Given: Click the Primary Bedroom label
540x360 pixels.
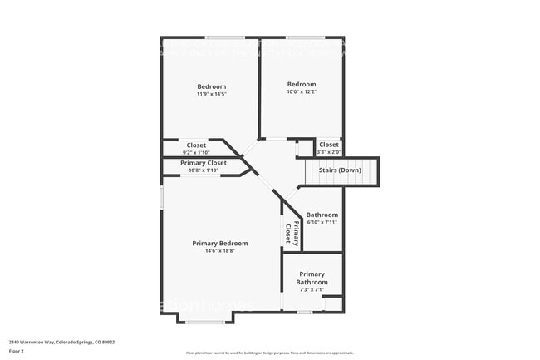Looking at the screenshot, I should point(220,243).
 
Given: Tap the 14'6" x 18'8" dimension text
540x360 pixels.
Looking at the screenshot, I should point(220,251).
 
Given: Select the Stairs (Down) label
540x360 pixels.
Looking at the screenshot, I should point(340,170).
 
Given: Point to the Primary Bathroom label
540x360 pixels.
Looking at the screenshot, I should point(312,278).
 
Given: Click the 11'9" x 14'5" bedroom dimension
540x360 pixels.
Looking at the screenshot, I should point(211,94).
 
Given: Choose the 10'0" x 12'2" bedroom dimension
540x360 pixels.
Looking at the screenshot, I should point(302,91).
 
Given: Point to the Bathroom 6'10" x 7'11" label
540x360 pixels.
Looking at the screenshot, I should point(322,218).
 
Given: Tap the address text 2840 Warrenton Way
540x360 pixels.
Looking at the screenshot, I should point(61,342).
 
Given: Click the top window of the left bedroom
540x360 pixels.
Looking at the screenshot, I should point(224,37).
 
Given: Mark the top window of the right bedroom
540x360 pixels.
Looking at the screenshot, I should point(305,37).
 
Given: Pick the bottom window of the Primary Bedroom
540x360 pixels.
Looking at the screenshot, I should point(204,322).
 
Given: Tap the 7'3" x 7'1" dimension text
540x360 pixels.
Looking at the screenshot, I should point(312,289).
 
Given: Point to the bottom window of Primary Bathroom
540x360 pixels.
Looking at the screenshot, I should point(305,313).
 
